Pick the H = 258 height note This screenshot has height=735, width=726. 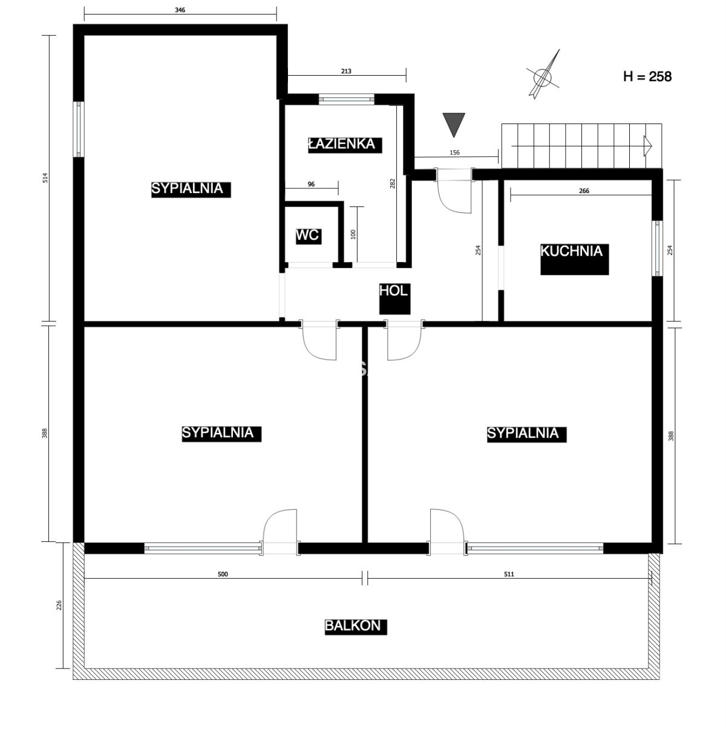647,77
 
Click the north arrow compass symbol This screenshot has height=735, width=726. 543,76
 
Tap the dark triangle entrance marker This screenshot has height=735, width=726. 454,125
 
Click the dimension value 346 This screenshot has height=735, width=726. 180,10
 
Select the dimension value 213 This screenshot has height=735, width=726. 346,71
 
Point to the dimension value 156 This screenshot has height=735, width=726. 454,153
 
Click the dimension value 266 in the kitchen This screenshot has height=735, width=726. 584,191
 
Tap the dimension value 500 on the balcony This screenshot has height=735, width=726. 223,574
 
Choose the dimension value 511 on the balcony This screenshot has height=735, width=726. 509,574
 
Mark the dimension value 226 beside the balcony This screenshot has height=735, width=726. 59,605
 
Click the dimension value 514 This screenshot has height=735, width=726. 45,178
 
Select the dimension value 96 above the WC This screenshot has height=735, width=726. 311,184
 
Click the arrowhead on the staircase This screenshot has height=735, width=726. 648,146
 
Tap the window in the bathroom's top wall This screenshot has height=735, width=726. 347,99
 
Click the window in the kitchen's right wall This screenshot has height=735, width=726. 658,248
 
